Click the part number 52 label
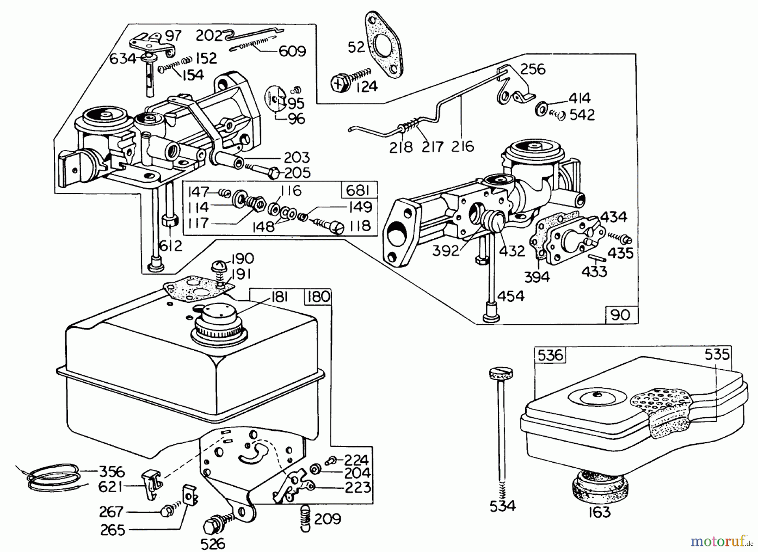coord(356,47)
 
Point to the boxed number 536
coord(550,355)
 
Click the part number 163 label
coord(599,512)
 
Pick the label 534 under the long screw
coord(503,505)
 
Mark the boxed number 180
coord(318,297)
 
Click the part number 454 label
coord(511,296)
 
